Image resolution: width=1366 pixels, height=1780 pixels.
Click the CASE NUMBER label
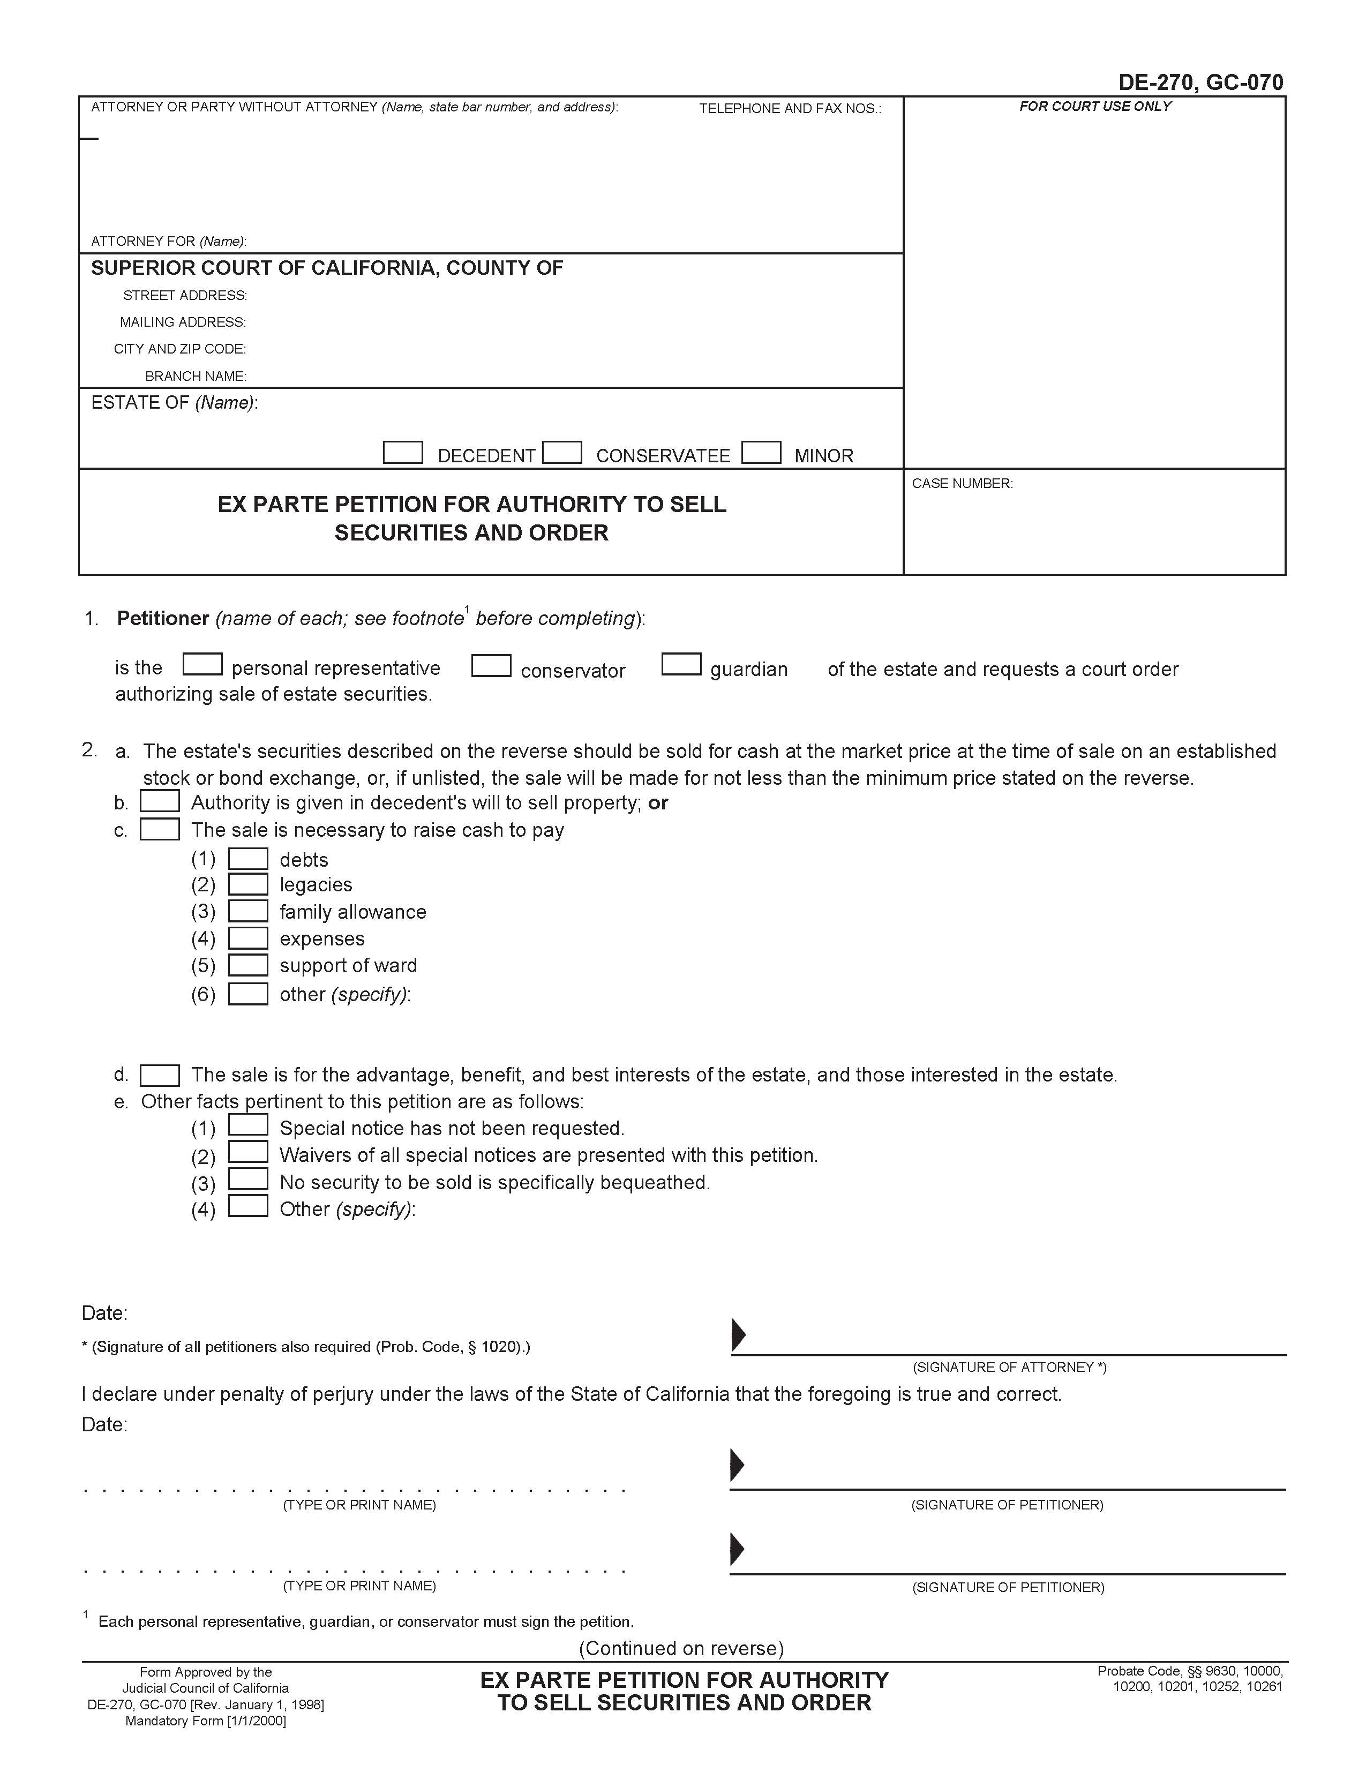pos(962,484)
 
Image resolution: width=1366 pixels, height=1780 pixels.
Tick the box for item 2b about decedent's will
pos(160,802)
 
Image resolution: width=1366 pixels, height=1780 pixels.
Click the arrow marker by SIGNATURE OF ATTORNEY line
pos(738,1334)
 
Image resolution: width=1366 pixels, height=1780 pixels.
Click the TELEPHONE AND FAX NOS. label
pos(790,109)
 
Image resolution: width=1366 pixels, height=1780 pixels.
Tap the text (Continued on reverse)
pos(680,1648)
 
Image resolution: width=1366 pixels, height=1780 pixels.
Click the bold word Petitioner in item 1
pos(163,619)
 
